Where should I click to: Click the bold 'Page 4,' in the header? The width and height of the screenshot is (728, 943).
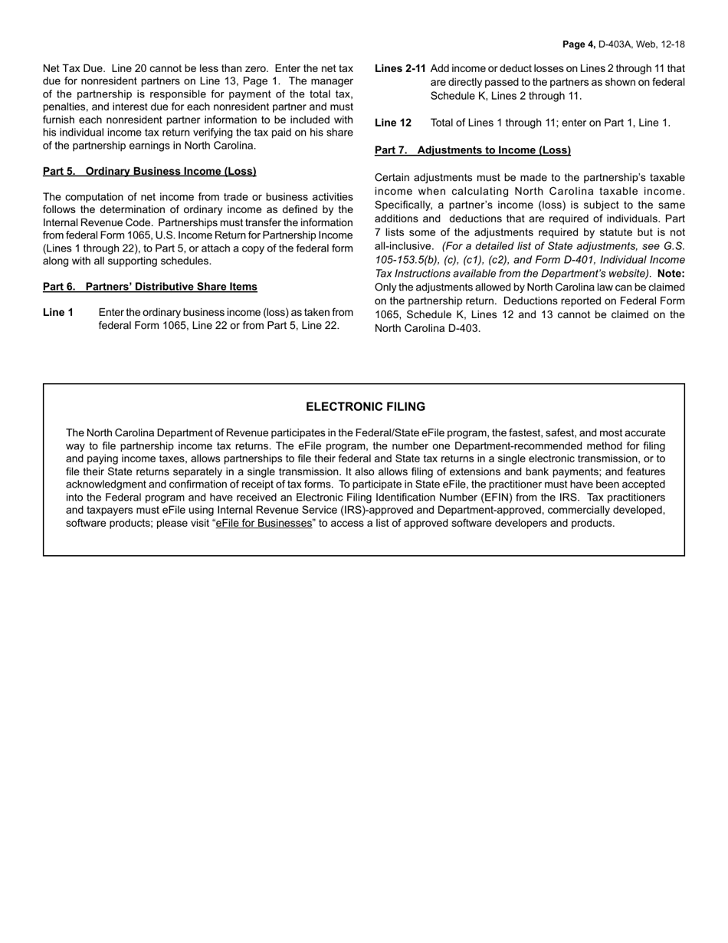coord(579,44)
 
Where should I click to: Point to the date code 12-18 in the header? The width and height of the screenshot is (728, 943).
coord(672,44)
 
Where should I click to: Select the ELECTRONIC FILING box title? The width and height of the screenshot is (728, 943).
coord(365,407)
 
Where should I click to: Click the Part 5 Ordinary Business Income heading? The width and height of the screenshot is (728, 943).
coord(149,171)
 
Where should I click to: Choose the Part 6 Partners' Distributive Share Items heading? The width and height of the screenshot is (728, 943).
coord(150,287)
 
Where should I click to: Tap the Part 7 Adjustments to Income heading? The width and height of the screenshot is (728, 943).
coord(472,150)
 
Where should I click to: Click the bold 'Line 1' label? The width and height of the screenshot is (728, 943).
coord(58,312)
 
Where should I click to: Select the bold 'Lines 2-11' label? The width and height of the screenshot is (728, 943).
coord(400,69)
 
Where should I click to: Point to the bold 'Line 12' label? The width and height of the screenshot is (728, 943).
coord(393,123)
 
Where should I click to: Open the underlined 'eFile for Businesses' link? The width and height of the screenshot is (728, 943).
coord(264,524)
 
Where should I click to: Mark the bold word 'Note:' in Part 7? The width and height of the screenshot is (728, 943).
coord(671,274)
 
